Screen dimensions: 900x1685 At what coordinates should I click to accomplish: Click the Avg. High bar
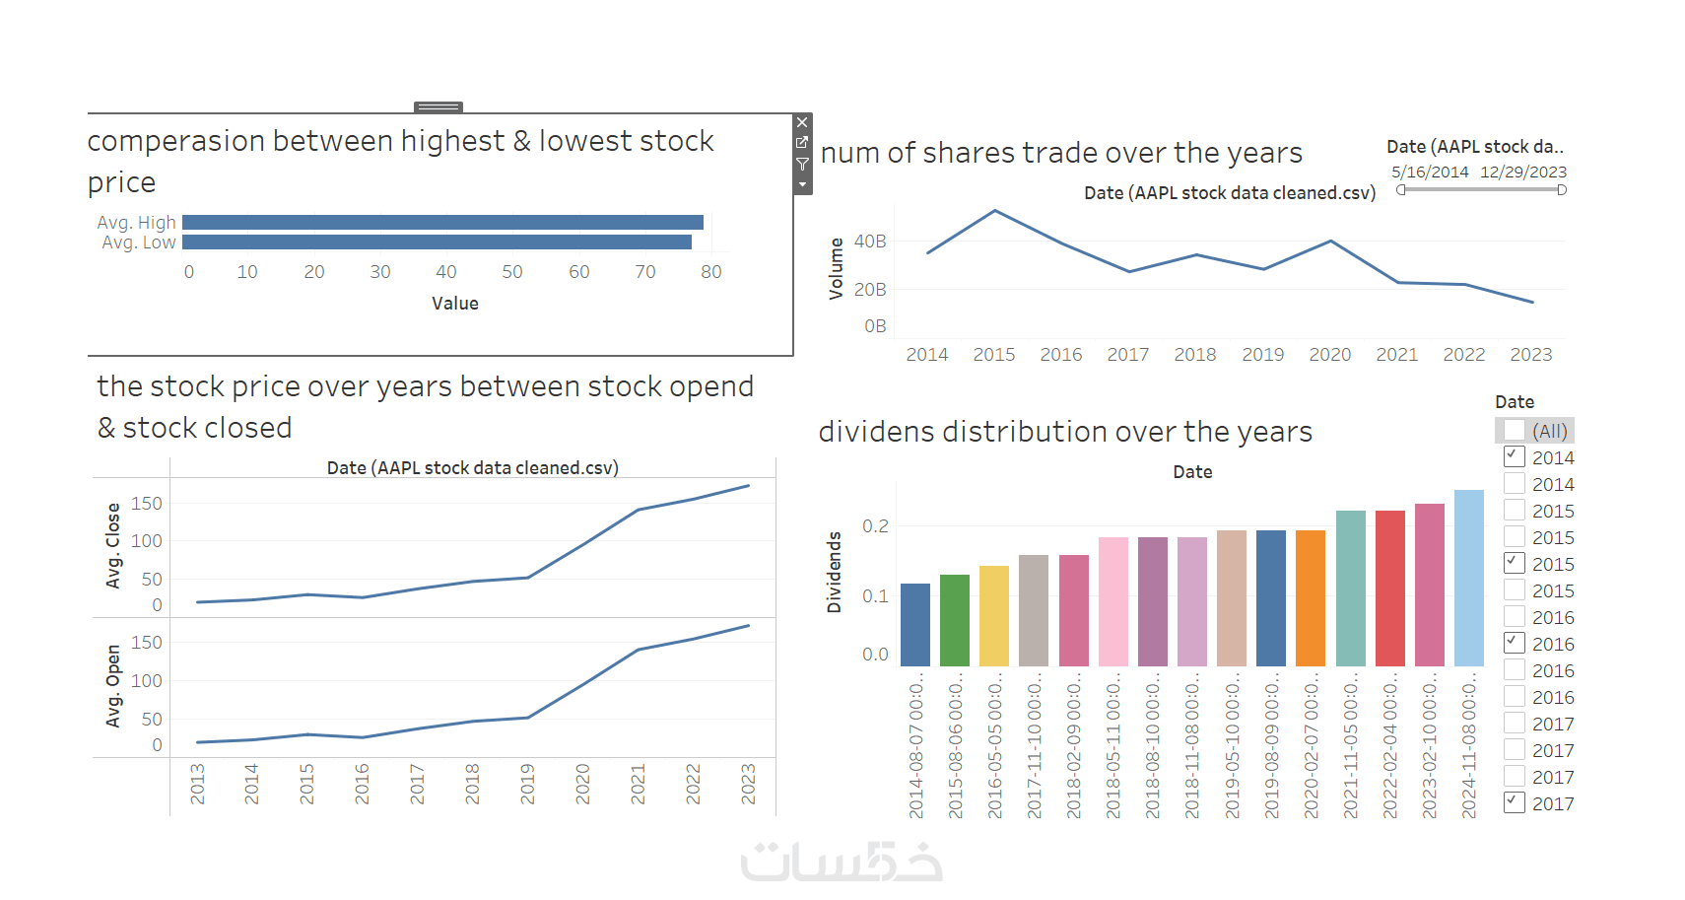click(x=442, y=223)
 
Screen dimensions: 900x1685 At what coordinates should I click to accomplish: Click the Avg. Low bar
click(x=437, y=242)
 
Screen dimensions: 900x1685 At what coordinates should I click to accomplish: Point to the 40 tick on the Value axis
click(x=446, y=272)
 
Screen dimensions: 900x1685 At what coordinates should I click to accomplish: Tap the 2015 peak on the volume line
click(x=995, y=211)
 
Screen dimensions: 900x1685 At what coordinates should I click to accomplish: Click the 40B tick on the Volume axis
click(x=870, y=242)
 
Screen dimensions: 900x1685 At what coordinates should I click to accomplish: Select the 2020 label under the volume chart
click(x=1329, y=355)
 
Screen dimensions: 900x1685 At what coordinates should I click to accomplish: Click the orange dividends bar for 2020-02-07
click(x=1311, y=598)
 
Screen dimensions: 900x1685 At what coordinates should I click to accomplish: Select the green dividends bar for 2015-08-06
click(x=955, y=620)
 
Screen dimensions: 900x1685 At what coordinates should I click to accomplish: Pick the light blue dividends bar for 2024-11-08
click(x=1468, y=578)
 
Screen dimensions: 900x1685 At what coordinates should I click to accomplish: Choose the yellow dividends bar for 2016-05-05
click(x=994, y=616)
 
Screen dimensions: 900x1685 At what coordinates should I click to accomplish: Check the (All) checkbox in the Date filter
click(x=1515, y=431)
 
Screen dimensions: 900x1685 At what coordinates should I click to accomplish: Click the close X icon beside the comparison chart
click(x=802, y=123)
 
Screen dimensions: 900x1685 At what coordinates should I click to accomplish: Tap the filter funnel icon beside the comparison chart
click(x=802, y=164)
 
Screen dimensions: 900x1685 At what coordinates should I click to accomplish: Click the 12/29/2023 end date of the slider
click(x=1523, y=173)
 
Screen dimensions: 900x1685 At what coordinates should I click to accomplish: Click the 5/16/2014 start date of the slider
click(x=1430, y=173)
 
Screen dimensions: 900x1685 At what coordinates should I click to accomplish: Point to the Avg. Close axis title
click(x=113, y=546)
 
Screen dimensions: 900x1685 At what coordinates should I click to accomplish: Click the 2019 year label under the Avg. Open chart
click(x=527, y=784)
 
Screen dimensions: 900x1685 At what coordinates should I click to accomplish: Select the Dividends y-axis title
click(x=835, y=573)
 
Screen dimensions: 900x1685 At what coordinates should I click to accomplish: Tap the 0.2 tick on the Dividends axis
click(x=875, y=526)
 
